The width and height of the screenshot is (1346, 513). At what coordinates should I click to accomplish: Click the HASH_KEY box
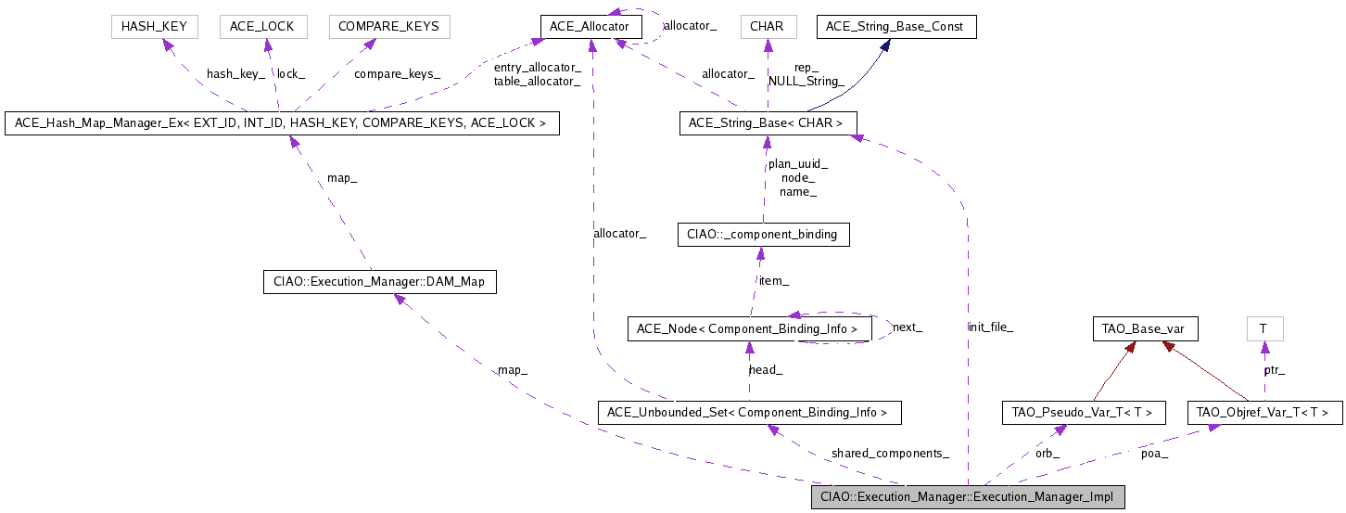[x=154, y=26]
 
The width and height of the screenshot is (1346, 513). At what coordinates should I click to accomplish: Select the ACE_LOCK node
[x=262, y=26]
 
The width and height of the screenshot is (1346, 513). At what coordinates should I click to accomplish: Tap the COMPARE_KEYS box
[x=389, y=26]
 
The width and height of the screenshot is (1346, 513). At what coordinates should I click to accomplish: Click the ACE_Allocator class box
[x=590, y=26]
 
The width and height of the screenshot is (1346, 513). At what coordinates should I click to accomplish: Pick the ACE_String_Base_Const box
[x=895, y=26]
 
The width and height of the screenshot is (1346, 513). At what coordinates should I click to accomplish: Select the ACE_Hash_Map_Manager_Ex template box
[x=282, y=122]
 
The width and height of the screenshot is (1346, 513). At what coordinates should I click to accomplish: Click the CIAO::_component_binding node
[x=763, y=234]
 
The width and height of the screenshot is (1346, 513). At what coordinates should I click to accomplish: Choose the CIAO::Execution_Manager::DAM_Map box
[x=380, y=281]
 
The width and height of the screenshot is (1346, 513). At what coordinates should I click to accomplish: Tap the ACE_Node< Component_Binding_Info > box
[x=749, y=328]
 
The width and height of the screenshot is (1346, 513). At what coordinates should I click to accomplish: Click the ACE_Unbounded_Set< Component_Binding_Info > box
[x=749, y=411]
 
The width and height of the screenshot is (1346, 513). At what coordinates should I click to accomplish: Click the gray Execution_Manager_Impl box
[x=968, y=496]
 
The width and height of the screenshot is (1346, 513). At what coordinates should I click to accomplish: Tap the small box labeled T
[x=1263, y=328]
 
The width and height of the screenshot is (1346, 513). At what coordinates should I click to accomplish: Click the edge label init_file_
[x=990, y=327]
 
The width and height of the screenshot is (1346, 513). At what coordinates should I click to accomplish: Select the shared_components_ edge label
[x=890, y=454]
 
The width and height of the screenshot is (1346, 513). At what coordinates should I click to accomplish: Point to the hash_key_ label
[x=235, y=73]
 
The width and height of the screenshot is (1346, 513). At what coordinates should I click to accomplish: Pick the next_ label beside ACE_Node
[x=907, y=327]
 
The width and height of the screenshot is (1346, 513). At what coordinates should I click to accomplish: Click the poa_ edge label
[x=1154, y=454]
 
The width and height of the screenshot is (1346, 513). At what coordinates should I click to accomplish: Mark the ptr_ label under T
[x=1275, y=370]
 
